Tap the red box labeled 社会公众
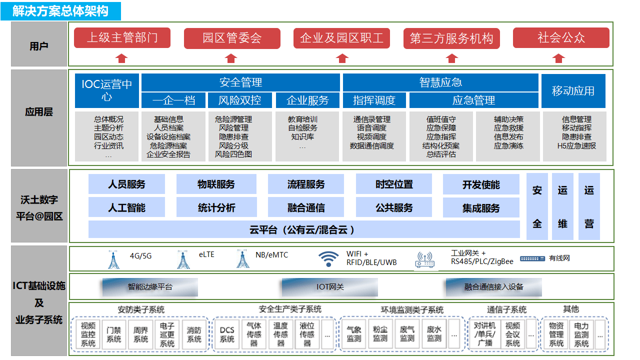pyautogui.click(x=561, y=38)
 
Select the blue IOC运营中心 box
pyautogui.click(x=107, y=90)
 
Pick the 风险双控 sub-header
pyautogui.click(x=239, y=100)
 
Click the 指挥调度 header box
pyautogui.click(x=374, y=100)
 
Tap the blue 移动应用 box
pyautogui.click(x=573, y=90)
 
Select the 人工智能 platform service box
pyautogui.click(x=126, y=207)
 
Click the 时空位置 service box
pyautogui.click(x=394, y=184)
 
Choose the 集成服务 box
pyautogui.click(x=481, y=207)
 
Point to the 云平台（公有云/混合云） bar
pyautogui.click(x=303, y=230)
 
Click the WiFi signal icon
pyautogui.click(x=328, y=258)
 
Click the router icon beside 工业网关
pyautogui.click(x=424, y=259)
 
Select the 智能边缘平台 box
pyautogui.click(x=150, y=287)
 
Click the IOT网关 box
pyautogui.click(x=330, y=287)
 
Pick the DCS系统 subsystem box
pyautogui.click(x=227, y=334)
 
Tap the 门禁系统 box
pyautogui.click(x=114, y=334)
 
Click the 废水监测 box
pyautogui.click(x=434, y=334)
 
